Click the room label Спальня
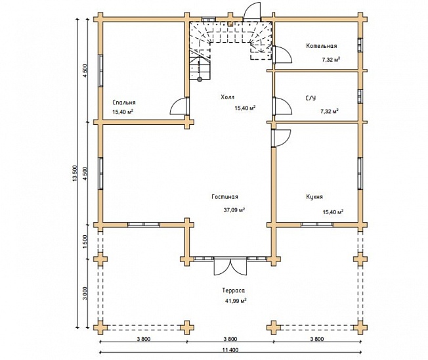click(x=124, y=102)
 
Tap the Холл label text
click(x=227, y=97)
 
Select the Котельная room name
click(x=321, y=45)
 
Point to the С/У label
click(x=310, y=98)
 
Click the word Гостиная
click(x=225, y=196)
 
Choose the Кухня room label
click(x=314, y=196)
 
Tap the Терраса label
click(x=234, y=290)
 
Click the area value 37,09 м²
click(x=234, y=210)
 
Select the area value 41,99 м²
click(x=236, y=301)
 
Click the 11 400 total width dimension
click(x=230, y=350)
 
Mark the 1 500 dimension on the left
click(x=85, y=242)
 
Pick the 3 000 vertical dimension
click(x=85, y=294)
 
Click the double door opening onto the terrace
click(x=230, y=266)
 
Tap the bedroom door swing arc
click(x=177, y=105)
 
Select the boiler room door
click(x=282, y=55)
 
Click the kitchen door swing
click(x=281, y=138)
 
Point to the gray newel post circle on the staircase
click(x=200, y=79)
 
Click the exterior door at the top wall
click(x=252, y=11)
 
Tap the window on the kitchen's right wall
click(x=360, y=173)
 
